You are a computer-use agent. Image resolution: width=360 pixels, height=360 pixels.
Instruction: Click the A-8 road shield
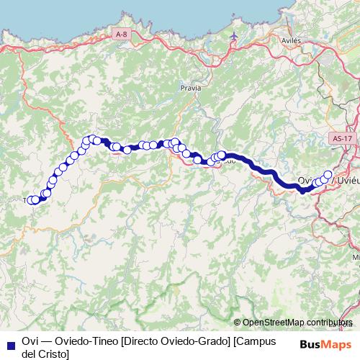[x=121, y=33]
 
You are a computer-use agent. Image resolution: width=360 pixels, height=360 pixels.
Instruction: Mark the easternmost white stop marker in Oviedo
[x=328, y=174]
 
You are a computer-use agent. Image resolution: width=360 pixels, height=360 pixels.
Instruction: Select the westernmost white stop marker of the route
[x=31, y=200]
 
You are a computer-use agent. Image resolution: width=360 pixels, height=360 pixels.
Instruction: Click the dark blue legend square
[x=9, y=342]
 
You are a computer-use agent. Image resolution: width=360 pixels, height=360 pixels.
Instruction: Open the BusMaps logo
[x=326, y=343]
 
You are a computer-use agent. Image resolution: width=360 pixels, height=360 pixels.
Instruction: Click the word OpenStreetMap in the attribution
[x=274, y=322]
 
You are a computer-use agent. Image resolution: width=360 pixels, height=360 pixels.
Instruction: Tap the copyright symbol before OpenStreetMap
[x=238, y=322]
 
